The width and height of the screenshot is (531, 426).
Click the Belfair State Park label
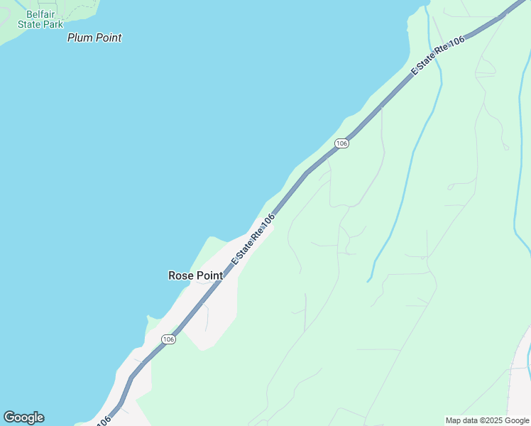[x=40, y=19]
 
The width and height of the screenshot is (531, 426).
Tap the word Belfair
[x=41, y=14]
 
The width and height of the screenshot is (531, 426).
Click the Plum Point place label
[x=94, y=38]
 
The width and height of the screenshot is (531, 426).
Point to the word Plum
[x=80, y=38]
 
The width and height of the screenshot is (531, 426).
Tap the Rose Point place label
[x=195, y=275]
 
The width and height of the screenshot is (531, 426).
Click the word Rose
[x=180, y=275]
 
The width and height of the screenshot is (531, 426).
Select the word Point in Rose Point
[x=209, y=275]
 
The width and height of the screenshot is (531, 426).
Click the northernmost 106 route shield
[x=341, y=143]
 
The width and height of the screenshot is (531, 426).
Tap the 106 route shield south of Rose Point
[x=168, y=339]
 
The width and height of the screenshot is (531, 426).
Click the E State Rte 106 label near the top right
[x=439, y=55]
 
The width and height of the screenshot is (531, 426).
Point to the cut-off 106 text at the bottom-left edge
[x=103, y=421]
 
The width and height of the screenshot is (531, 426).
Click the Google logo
[x=23, y=417]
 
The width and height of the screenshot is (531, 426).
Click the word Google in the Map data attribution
[x=514, y=420]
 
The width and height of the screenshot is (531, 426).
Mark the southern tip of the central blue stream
[x=368, y=281]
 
